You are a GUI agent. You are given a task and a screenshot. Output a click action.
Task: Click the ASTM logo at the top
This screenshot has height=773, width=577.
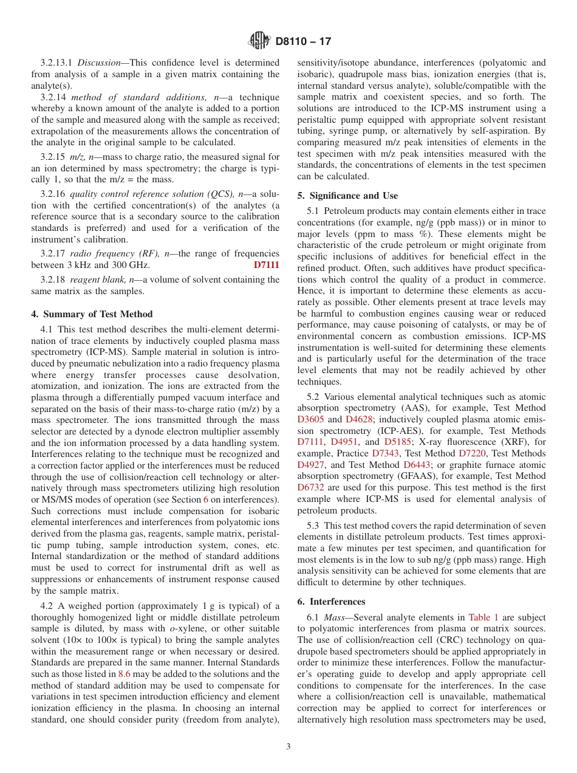pyautogui.click(x=259, y=41)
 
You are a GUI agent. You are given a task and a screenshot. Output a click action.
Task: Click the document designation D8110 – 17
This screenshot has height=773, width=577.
pyautogui.click(x=303, y=42)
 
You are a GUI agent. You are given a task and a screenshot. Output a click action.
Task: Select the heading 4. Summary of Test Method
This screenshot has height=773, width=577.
pyautogui.click(x=92, y=314)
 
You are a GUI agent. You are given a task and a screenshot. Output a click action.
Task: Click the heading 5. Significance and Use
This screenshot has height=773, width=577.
pyautogui.click(x=347, y=196)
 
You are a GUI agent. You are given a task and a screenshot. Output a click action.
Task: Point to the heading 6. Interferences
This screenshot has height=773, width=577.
pyautogui.click(x=331, y=601)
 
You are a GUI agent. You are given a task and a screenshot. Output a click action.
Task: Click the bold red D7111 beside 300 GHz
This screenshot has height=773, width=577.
pyautogui.click(x=266, y=265)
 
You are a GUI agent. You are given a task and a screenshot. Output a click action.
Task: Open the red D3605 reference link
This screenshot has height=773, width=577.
pyautogui.click(x=311, y=419)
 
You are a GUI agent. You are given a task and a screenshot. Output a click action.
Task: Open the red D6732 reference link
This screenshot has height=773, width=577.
pyautogui.click(x=311, y=487)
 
